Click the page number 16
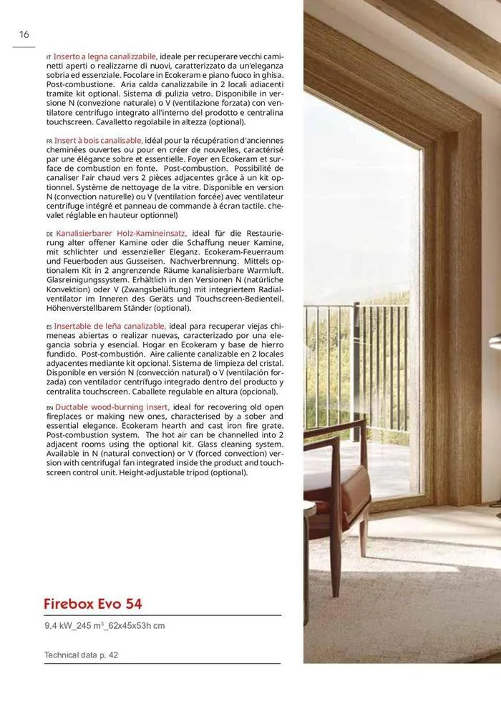click(x=24, y=34)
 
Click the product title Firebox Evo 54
click(x=93, y=604)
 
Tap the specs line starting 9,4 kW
click(x=104, y=626)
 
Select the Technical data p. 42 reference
click(x=81, y=655)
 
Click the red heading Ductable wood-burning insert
click(x=112, y=407)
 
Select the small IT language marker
click(x=49, y=56)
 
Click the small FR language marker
click(x=49, y=141)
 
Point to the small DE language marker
click(x=49, y=234)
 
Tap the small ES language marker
click(x=49, y=327)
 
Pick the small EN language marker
click(x=49, y=408)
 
